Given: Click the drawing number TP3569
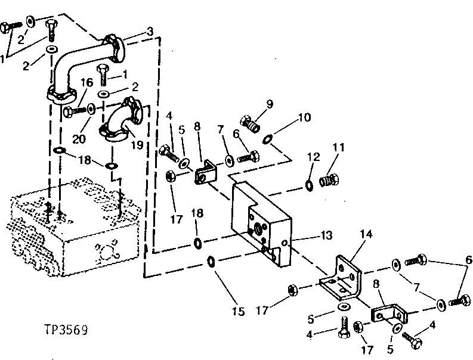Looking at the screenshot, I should (65, 328).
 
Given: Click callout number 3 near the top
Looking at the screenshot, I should (150, 31).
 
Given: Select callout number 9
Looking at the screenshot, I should (270, 103).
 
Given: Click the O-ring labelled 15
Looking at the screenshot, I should (211, 262).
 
